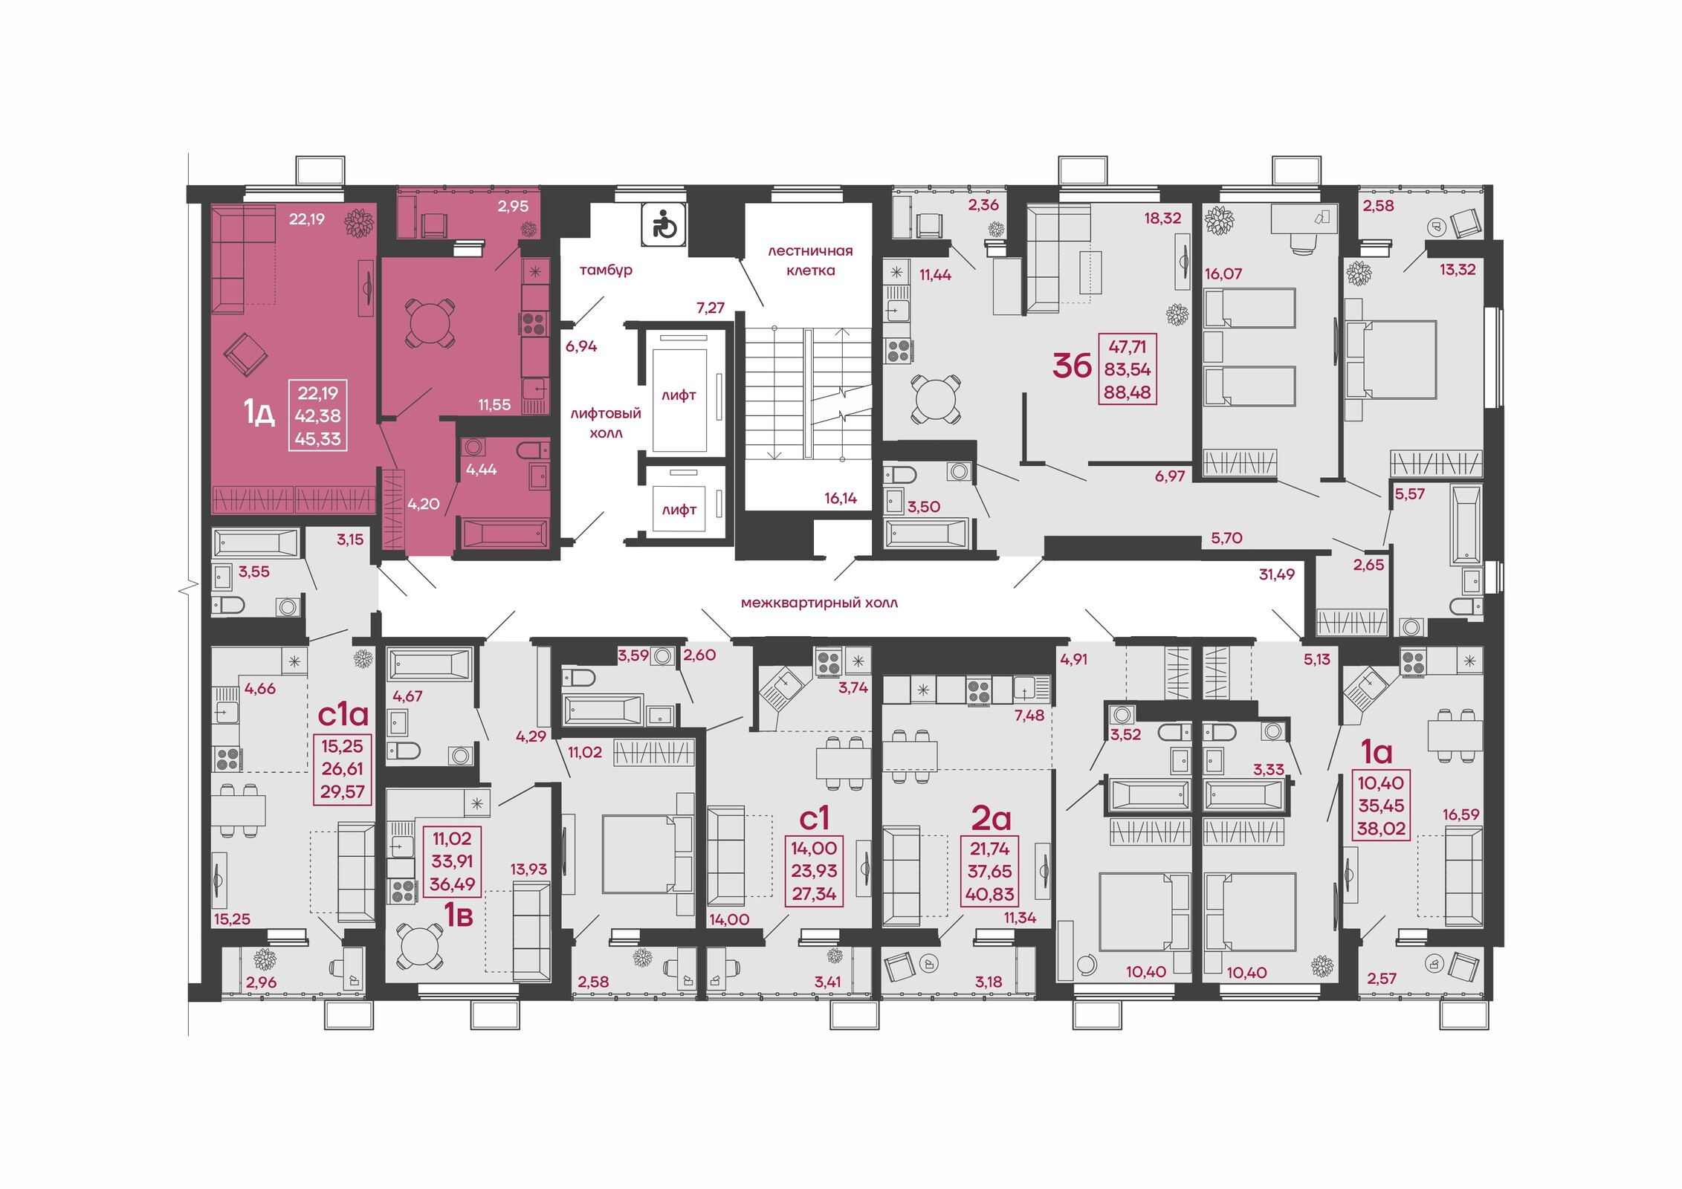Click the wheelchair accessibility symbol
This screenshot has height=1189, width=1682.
click(x=664, y=224)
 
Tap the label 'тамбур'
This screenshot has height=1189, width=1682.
click(x=606, y=270)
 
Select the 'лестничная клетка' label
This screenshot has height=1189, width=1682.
click(x=810, y=261)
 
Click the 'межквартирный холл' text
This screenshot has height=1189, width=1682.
click(x=819, y=603)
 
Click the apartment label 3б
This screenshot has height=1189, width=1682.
click(x=1072, y=366)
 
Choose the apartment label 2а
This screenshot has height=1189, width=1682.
click(x=992, y=818)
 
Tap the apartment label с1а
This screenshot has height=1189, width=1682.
click(x=343, y=714)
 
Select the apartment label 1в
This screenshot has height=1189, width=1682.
click(x=458, y=916)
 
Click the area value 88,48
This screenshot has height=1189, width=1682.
click(x=1127, y=392)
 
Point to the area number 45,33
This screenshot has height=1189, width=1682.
click(x=318, y=439)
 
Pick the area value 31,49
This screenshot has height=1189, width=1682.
click(x=1276, y=574)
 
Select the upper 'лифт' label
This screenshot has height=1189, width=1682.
click(x=679, y=395)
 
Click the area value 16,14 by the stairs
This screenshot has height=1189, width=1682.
click(x=841, y=499)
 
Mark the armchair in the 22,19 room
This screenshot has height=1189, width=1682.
click(x=245, y=354)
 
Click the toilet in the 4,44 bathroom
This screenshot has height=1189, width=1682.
click(x=532, y=450)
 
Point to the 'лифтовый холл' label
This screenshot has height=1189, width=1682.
click(x=606, y=423)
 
